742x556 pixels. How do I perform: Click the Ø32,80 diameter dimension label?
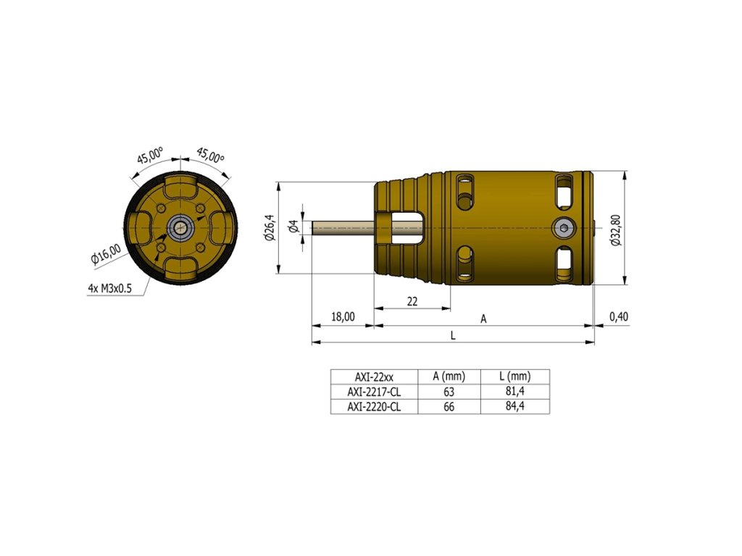pyautogui.click(x=616, y=230)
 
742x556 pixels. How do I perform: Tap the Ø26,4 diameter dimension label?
pyautogui.click(x=270, y=227)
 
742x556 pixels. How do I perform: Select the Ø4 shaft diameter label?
pyautogui.click(x=293, y=227)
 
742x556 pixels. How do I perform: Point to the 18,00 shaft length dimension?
pyautogui.click(x=343, y=316)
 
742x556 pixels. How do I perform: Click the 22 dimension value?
pyautogui.click(x=412, y=301)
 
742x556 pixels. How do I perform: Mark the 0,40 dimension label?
pyautogui.click(x=619, y=316)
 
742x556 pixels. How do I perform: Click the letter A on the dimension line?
pyautogui.click(x=483, y=319)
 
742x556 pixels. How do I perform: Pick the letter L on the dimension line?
pyautogui.click(x=453, y=336)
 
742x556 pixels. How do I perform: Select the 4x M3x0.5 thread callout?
pyautogui.click(x=110, y=288)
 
